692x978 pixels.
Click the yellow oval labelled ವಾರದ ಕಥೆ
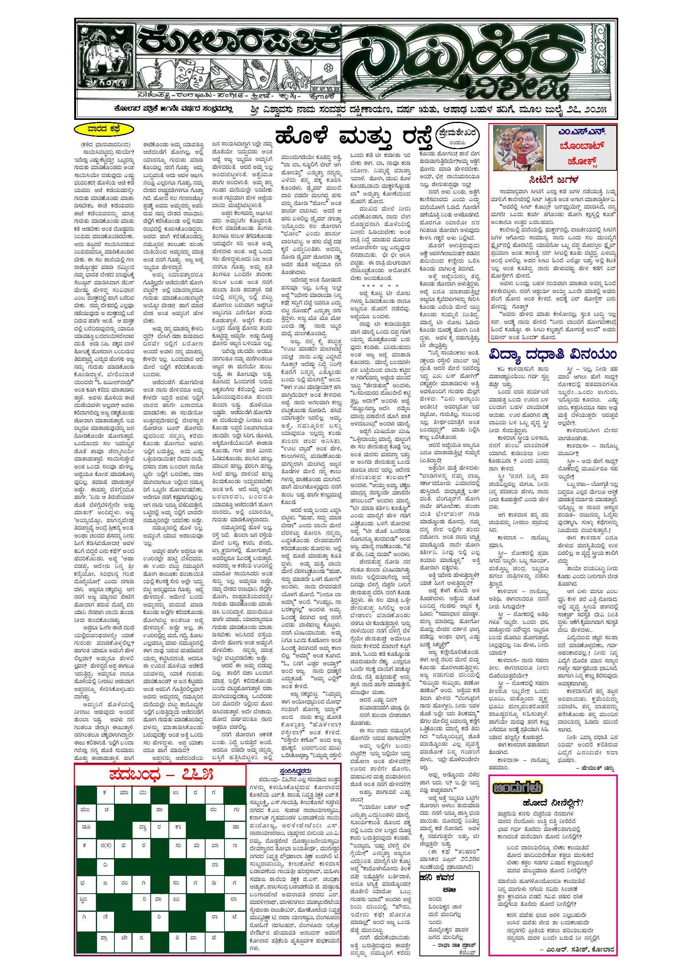coord(101,129)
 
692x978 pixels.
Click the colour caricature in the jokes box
coord(517,147)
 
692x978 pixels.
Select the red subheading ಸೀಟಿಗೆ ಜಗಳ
coord(554,179)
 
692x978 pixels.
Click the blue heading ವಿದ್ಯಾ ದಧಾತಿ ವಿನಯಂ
coord(552,355)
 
